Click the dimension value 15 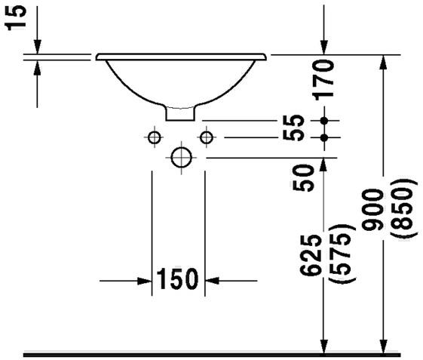(15, 18)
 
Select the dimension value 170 (323, 80)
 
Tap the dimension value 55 (294, 128)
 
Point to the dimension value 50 (304, 178)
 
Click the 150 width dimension (177, 278)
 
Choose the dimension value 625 (311, 255)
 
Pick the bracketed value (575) (340, 254)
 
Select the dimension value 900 (372, 210)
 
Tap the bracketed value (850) (402, 208)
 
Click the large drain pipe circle (181, 158)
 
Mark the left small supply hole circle (155, 137)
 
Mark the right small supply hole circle (207, 137)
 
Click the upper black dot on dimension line (324, 121)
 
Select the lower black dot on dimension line (324, 137)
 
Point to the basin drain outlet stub (180, 113)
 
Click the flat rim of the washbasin (181, 57)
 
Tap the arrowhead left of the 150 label (144, 281)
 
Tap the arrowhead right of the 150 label (213, 281)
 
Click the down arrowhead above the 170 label (324, 48)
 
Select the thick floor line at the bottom (212, 355)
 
